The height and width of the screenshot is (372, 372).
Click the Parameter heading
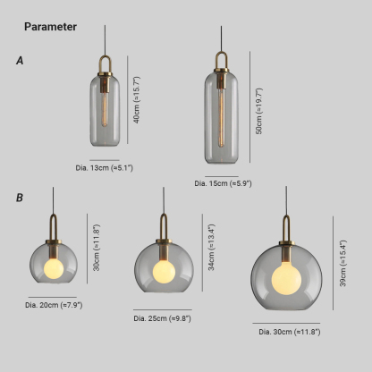click(x=51, y=27)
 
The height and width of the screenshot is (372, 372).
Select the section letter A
click(x=20, y=61)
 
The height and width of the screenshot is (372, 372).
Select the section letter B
click(x=20, y=198)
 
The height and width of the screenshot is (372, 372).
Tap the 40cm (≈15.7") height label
click(x=137, y=99)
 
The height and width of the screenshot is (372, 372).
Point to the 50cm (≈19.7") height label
click(x=259, y=111)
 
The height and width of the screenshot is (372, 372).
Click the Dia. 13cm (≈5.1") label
click(x=105, y=167)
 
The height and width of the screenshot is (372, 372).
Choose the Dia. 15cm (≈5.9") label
click(x=223, y=183)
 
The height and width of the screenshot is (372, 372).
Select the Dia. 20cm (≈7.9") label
click(x=54, y=305)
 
